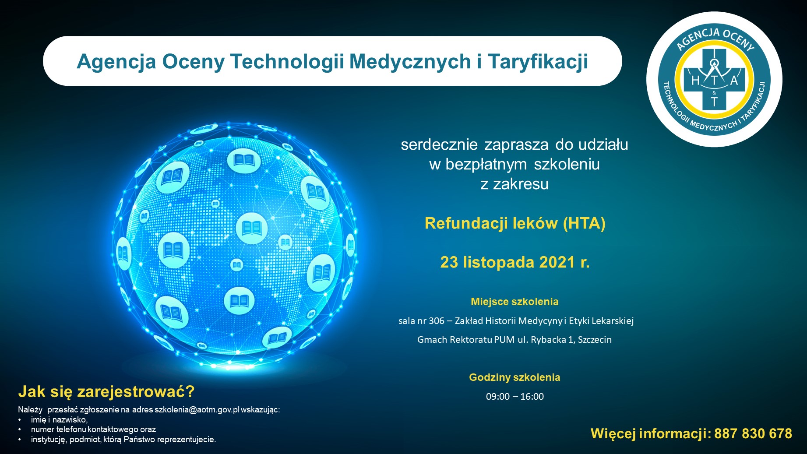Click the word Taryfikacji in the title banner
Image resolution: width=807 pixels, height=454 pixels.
coord(538,62)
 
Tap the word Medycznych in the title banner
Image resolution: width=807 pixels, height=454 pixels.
coord(410,61)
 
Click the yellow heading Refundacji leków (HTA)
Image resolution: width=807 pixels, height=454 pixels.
coord(515,223)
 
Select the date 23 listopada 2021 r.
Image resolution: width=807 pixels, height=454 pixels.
coord(515,262)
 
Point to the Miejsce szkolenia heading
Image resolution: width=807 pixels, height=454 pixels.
coord(515,302)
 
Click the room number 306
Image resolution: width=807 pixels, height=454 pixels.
coord(437,321)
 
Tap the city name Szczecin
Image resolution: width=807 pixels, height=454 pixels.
coord(595,340)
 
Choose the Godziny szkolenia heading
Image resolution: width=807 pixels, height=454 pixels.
coord(515,377)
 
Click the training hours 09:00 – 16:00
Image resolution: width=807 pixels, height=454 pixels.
coord(515,397)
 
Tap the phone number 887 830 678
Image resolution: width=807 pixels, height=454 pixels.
coord(753,433)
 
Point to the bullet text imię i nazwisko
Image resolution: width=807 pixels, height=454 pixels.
coord(59,420)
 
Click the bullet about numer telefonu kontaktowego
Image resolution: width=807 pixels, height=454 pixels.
coord(93,429)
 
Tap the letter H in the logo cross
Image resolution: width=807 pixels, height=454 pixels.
coord(695,81)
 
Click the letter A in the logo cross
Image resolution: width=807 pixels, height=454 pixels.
coord(734,81)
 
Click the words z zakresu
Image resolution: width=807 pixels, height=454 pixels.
coord(515,184)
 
